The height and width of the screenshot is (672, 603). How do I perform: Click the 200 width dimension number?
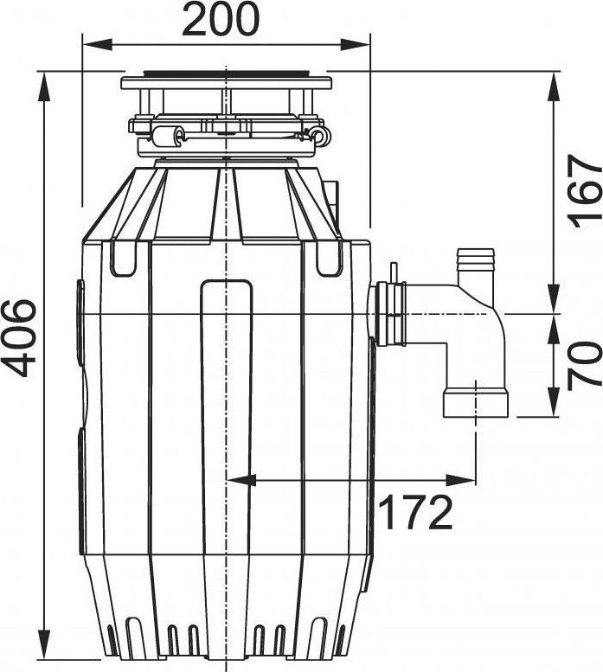point(221,19)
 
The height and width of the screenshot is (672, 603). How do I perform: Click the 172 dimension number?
point(416,512)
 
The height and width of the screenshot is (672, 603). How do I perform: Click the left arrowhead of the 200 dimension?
point(96,45)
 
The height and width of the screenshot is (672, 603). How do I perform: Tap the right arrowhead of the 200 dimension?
point(355,45)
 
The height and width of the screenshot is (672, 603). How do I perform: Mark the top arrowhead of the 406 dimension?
point(44,87)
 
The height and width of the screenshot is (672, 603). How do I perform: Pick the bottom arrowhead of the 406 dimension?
point(44,643)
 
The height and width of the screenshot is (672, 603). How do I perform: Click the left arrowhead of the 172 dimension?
point(241,480)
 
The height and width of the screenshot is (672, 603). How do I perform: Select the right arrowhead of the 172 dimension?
point(461,480)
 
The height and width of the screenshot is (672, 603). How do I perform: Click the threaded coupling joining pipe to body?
point(390,315)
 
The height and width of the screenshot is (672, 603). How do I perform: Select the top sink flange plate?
point(227,83)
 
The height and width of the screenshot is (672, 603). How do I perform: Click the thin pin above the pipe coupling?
point(393,273)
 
